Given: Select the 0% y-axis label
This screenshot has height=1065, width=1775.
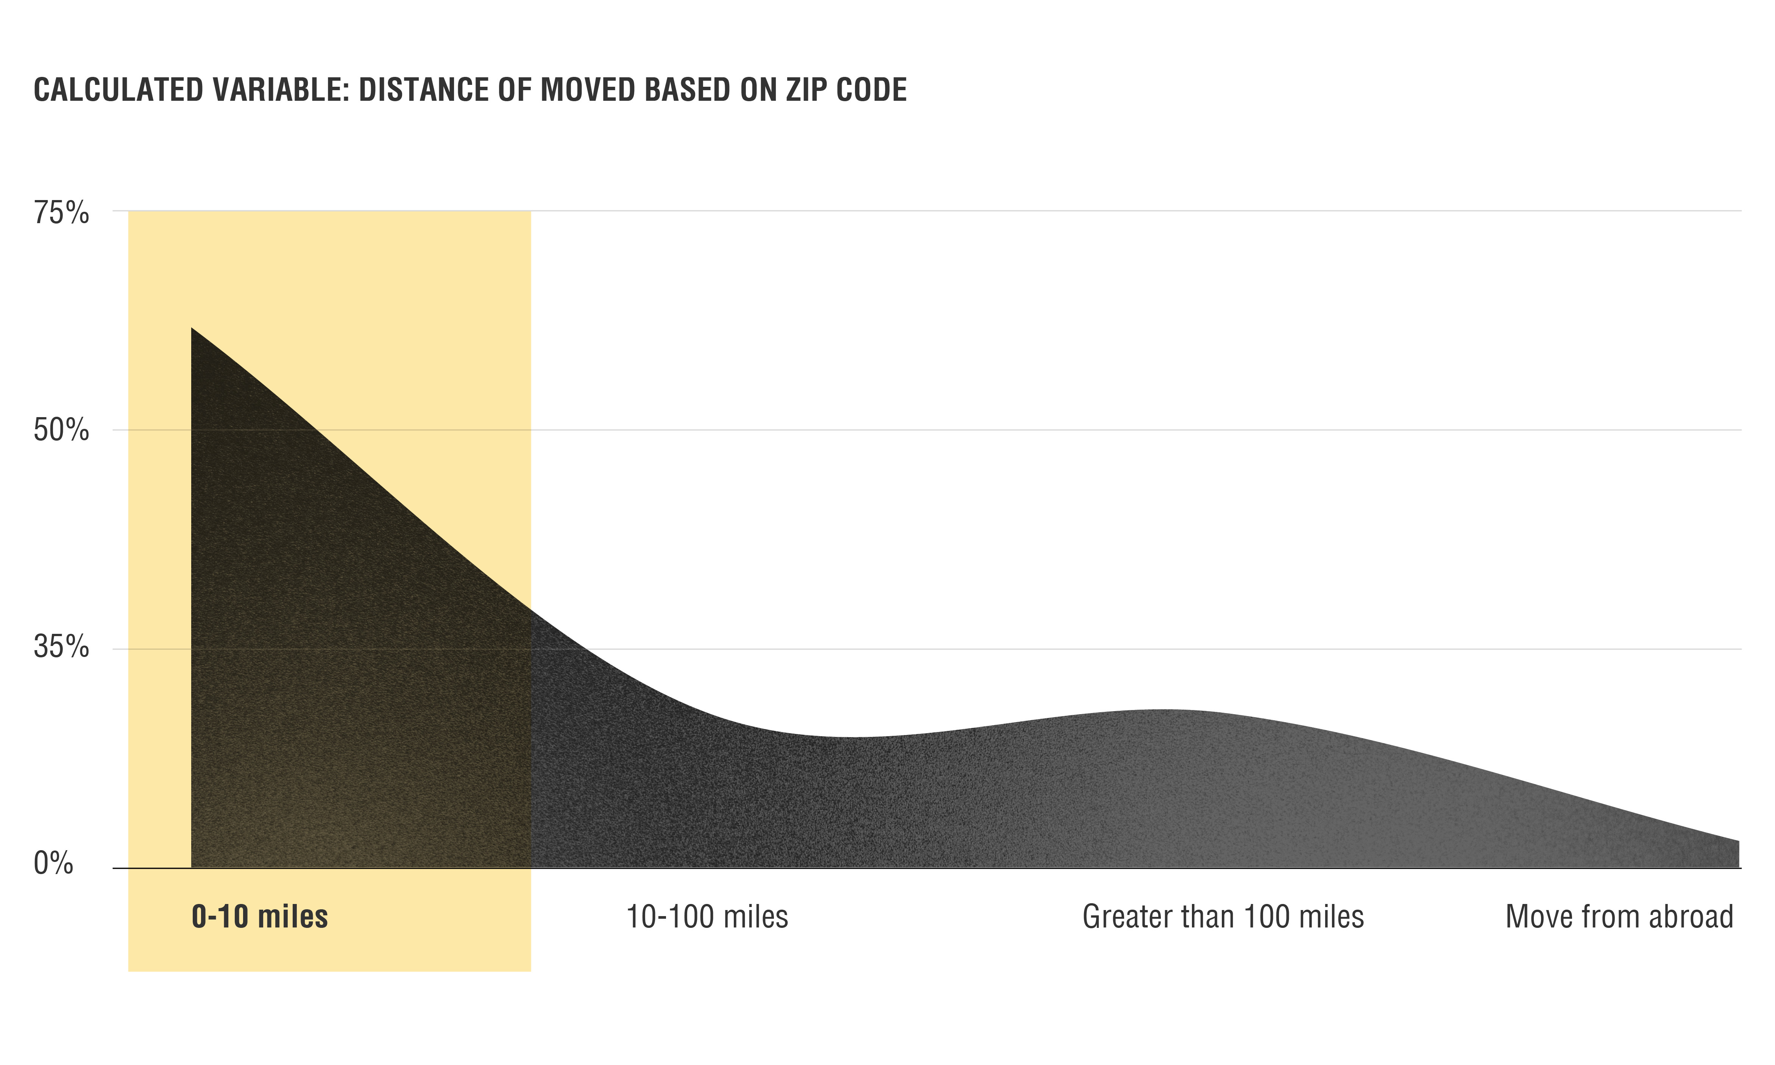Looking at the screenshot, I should [53, 863].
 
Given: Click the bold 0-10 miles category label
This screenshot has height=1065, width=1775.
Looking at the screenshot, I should [260, 917].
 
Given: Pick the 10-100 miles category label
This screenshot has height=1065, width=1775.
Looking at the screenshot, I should [707, 917].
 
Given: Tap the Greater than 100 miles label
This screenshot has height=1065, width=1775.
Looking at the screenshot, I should [1223, 917].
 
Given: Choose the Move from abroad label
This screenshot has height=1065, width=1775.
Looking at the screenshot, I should [1619, 917].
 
